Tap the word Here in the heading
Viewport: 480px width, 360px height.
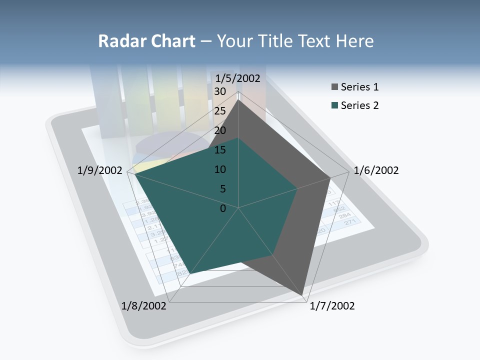pos(354,41)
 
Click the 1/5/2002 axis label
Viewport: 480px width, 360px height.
pos(237,78)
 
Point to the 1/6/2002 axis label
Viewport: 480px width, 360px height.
pos(376,170)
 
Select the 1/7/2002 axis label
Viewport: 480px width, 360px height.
pos(332,306)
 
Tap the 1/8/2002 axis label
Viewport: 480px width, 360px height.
pos(144,306)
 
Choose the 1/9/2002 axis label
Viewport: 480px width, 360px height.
pos(99,170)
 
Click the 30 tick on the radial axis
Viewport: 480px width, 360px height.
pos(220,91)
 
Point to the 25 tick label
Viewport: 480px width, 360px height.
pos(220,111)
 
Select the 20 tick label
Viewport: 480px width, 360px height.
pos(220,130)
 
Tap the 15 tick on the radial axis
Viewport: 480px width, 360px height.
pos(220,150)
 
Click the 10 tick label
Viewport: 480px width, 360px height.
pos(220,169)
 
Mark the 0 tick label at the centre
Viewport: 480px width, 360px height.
pos(223,208)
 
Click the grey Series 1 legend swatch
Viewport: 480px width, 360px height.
pos(334,87)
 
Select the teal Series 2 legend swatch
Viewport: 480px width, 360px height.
pos(334,105)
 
